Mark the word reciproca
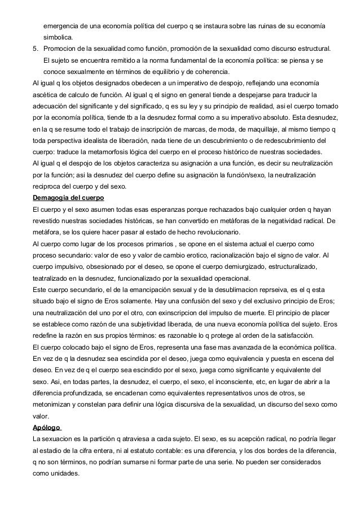(x=51, y=187)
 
